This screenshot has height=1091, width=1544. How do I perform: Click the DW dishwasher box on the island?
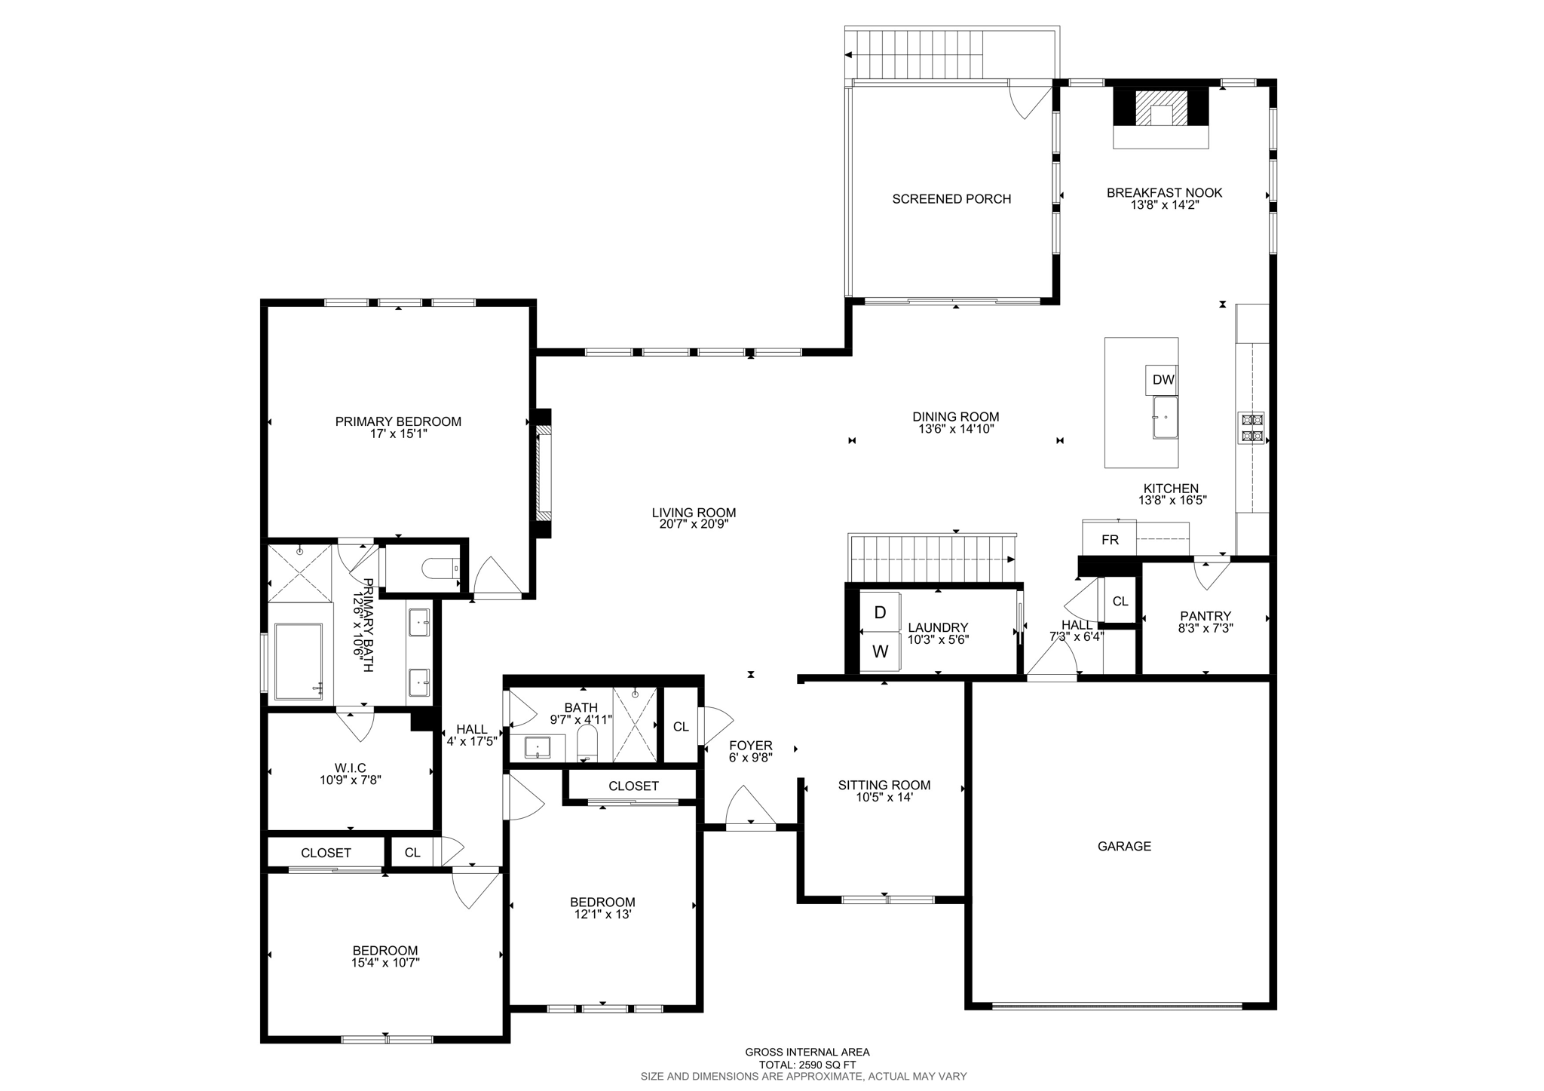click(x=1163, y=380)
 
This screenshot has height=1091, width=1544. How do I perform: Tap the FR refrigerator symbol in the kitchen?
click(x=1110, y=540)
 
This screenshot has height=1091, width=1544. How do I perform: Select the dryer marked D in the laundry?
click(x=880, y=613)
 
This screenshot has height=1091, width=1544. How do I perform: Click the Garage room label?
click(x=1123, y=846)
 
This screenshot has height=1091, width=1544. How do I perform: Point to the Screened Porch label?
click(x=951, y=199)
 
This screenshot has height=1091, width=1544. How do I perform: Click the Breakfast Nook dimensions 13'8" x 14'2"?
click(x=1164, y=204)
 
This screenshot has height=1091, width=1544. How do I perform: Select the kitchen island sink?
click(x=1165, y=418)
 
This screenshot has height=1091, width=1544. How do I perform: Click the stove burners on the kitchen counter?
click(x=1251, y=428)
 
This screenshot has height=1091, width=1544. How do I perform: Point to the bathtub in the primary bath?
click(x=299, y=661)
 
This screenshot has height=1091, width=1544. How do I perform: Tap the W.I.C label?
click(x=351, y=768)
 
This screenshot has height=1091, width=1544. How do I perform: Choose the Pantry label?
click(x=1205, y=616)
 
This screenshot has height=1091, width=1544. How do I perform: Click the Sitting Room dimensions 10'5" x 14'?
click(x=884, y=797)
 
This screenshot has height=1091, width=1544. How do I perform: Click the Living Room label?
click(x=694, y=513)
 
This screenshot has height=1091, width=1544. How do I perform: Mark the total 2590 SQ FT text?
click(x=807, y=1065)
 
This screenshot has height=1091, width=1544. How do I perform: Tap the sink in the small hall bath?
click(x=538, y=748)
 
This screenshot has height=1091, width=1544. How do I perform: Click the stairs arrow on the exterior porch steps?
click(x=849, y=55)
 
